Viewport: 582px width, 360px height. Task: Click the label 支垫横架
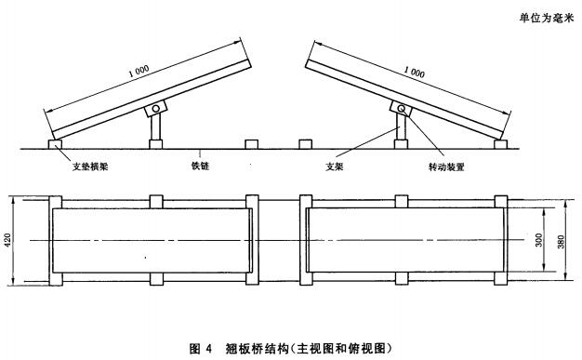coord(90,167)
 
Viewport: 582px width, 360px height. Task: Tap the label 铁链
coord(201,166)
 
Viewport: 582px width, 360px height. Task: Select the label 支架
coord(334,167)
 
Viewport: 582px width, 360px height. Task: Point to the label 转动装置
coord(446,167)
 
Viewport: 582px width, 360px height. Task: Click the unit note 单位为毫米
coord(547,18)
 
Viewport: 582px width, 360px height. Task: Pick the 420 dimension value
coord(7,241)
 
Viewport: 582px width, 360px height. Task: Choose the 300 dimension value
coord(539,240)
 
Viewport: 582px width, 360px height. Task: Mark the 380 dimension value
coord(561,242)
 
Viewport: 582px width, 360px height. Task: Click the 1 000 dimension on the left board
coord(139,71)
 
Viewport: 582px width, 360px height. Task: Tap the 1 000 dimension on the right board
coord(415,72)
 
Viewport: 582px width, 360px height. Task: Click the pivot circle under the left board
coord(156,109)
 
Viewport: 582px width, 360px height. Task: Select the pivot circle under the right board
coord(402,108)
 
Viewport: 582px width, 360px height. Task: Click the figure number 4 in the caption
coord(208,349)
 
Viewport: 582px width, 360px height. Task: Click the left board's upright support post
coord(156,127)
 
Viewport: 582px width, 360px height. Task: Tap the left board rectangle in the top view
coord(152,240)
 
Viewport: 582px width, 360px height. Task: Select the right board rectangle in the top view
coord(405,240)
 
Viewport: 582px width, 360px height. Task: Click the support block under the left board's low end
coord(55,144)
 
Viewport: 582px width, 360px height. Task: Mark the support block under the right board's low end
coord(501,144)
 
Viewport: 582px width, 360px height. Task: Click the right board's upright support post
coord(402,127)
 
